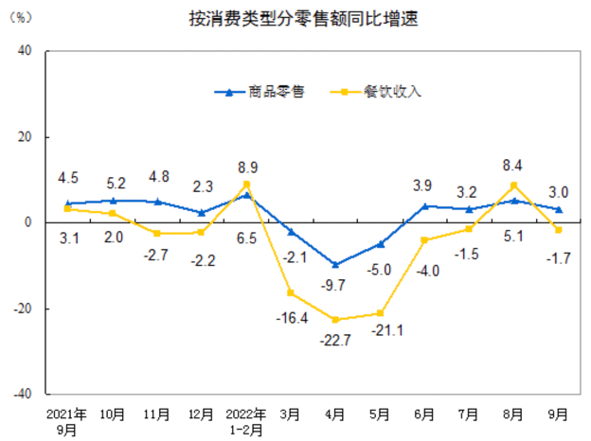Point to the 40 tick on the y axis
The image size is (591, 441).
[x=26, y=51]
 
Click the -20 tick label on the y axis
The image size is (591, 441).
[x=23, y=309]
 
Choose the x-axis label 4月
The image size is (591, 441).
[x=335, y=414]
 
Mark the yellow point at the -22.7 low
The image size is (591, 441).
[x=335, y=320]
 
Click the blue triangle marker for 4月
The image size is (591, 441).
[x=335, y=264]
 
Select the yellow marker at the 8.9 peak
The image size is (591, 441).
[x=246, y=185]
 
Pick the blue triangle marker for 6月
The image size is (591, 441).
[x=425, y=205]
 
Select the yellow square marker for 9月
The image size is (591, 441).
[x=559, y=230]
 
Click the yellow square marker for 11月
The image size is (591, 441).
[x=157, y=234]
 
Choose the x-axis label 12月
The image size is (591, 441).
[x=202, y=414]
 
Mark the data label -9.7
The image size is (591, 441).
[x=335, y=285]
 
